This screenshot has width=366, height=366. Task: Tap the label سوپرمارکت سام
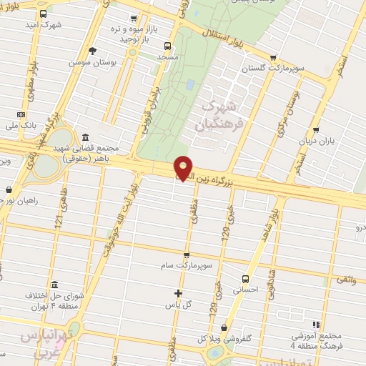pyautogui.click(x=187, y=265)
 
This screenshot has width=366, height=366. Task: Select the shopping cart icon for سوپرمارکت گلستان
pyautogui.click(x=272, y=58)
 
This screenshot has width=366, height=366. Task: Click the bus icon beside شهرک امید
pyautogui.click(x=44, y=14)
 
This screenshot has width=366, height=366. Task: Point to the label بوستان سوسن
pyautogui.click(x=92, y=62)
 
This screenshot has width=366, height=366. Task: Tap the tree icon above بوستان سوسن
pyautogui.click(x=92, y=50)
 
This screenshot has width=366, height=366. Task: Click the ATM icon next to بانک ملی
pyautogui.click(x=21, y=114)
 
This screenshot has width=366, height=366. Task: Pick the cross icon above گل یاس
pyautogui.click(x=179, y=292)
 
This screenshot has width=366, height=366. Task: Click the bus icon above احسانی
pyautogui.click(x=246, y=279)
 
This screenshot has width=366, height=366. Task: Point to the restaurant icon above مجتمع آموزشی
pyautogui.click(x=315, y=325)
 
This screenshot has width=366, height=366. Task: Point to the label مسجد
pyautogui.click(x=167, y=55)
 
